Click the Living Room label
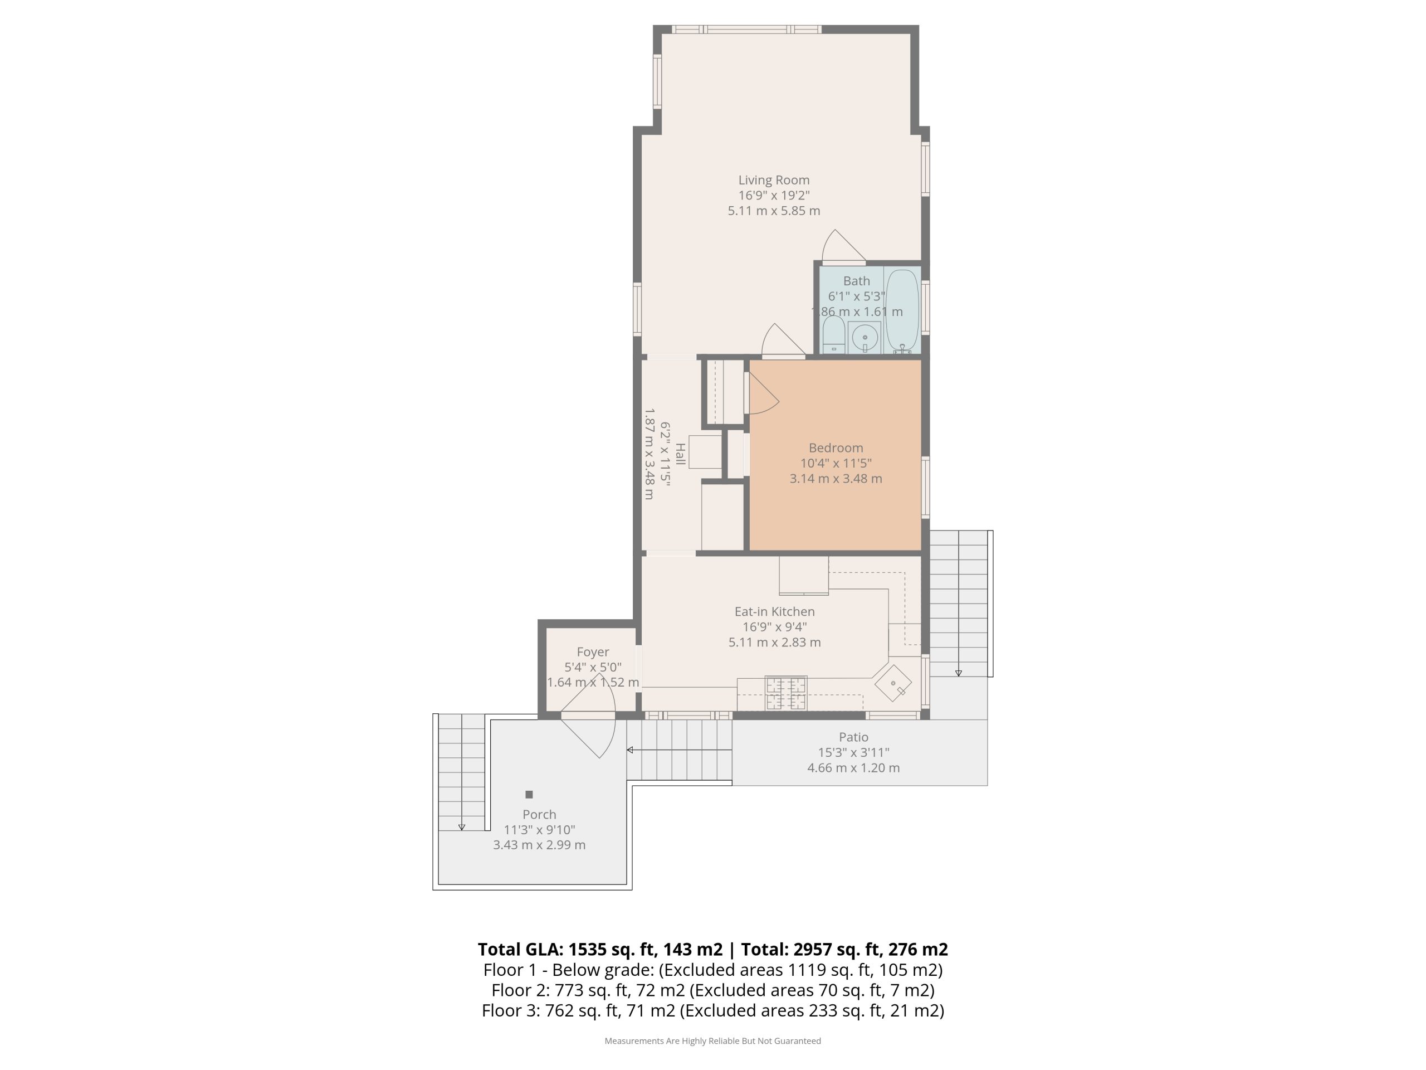point(774,180)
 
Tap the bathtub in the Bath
point(902,311)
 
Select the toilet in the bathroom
point(833,335)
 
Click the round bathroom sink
point(865,337)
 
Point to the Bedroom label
point(836,448)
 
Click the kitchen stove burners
point(785,693)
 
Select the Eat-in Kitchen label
point(774,611)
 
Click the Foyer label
point(593,652)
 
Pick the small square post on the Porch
point(529,795)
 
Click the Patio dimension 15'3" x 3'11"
point(853,752)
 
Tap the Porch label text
point(539,815)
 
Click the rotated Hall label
point(680,454)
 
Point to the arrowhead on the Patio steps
point(631,750)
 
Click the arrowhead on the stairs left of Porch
point(462,827)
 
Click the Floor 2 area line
point(712,990)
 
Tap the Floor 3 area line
point(712,1010)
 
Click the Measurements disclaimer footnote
point(712,1040)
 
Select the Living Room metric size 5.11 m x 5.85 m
point(774,211)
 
